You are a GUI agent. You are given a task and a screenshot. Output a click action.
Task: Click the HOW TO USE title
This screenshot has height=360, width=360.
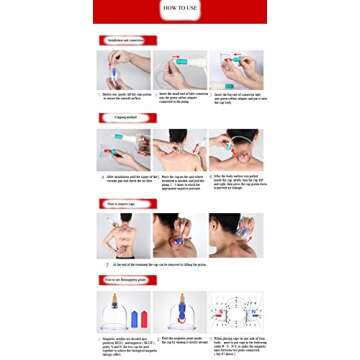(180, 12)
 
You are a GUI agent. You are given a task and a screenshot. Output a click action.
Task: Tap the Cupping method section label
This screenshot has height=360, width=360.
(122, 119)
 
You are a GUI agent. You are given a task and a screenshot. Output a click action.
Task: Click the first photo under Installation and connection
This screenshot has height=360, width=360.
(123, 69)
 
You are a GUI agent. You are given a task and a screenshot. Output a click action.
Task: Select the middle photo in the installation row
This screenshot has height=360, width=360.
(180, 69)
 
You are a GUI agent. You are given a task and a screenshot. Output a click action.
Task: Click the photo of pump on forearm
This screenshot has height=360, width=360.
(123, 149)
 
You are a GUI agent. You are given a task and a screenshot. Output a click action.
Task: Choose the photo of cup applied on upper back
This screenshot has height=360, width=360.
(180, 149)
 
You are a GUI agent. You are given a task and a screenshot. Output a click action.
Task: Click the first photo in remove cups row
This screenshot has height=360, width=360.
(123, 234)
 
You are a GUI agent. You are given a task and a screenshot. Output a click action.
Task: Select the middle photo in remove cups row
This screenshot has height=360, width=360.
(180, 234)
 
